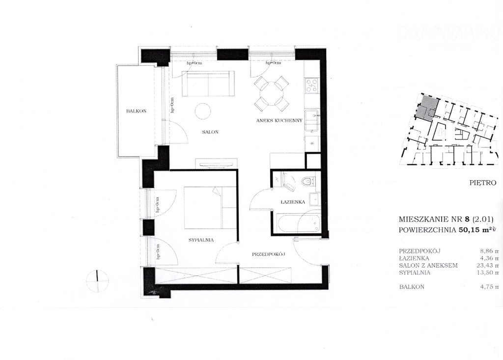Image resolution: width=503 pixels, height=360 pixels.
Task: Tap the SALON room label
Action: click(210, 132)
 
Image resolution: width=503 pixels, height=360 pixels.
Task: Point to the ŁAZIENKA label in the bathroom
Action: click(294, 202)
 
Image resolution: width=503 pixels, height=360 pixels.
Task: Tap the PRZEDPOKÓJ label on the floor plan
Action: click(269, 254)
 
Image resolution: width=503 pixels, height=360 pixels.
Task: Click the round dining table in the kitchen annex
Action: click(271, 93)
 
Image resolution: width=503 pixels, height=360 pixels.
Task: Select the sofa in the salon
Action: click(208, 84)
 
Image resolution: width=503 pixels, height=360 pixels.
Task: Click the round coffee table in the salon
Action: click(203, 111)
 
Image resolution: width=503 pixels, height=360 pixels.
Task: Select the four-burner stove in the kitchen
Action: click(312, 86)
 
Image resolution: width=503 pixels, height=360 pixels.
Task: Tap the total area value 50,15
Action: click(468, 229)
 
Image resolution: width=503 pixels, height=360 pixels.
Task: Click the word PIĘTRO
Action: click(483, 183)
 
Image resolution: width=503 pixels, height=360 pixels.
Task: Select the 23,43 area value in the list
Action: click(485, 265)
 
